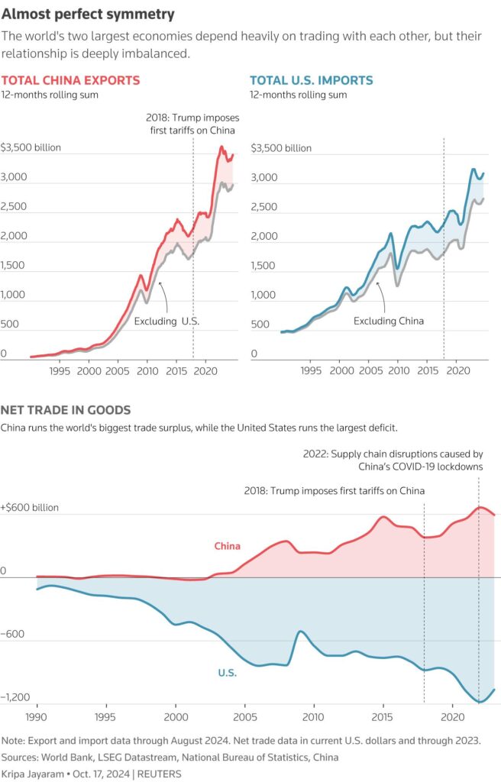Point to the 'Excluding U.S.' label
[x=166, y=322]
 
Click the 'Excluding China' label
[x=388, y=322]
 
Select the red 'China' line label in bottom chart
[x=227, y=546]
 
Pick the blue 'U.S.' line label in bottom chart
[x=227, y=673]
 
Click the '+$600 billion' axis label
[x=30, y=507]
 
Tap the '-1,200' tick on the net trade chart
[x=17, y=697]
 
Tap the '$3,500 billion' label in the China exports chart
[x=31, y=147]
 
